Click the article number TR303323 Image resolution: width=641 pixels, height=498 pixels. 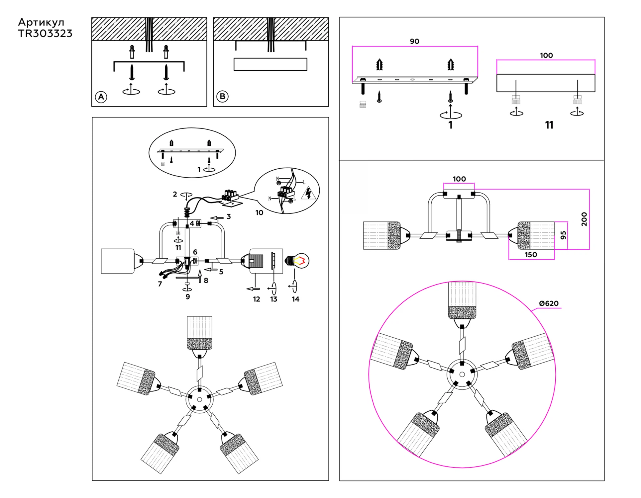tap(45, 34)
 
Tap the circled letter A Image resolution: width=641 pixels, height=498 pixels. tap(101, 97)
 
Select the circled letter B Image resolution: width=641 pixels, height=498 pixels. tap(222, 97)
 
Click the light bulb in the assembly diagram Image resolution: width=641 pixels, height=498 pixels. tap(297, 261)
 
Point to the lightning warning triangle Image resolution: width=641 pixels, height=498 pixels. tap(308, 193)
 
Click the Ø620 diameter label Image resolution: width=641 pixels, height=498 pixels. tap(549, 303)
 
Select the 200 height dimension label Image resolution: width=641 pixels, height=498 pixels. tap(584, 219)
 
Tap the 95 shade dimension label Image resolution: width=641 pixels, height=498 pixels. tap(563, 235)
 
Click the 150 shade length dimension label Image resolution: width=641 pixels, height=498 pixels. tap(531, 255)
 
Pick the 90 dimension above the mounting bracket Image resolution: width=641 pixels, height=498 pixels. tap(414, 41)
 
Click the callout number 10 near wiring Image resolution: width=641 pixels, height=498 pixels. tap(259, 212)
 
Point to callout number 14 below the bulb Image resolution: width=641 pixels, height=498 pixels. tap(295, 299)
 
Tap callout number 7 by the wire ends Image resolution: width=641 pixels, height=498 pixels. tap(160, 284)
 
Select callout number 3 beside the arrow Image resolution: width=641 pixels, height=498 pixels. tap(229, 216)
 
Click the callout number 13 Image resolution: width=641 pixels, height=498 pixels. tap(273, 299)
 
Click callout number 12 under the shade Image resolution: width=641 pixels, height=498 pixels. tap(256, 299)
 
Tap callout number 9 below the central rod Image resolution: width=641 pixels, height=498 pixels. tap(188, 296)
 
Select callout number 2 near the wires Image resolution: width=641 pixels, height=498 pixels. tap(175, 194)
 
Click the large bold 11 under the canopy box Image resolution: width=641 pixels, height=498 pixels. tap(549, 125)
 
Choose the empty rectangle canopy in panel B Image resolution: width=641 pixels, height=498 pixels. tap(270, 64)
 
